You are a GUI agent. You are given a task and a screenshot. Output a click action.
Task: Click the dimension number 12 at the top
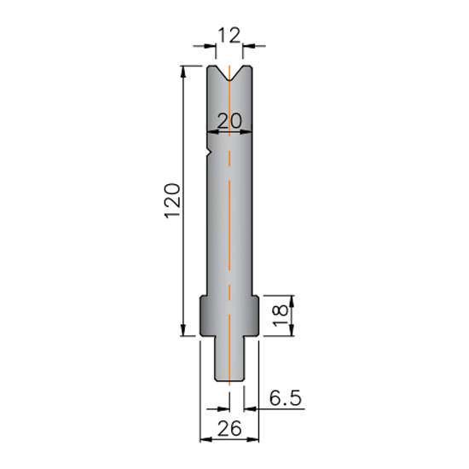(229, 35)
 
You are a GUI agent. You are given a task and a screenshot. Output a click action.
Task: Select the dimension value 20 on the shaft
(229, 121)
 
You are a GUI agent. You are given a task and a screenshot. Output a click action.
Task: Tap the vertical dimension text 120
(172, 200)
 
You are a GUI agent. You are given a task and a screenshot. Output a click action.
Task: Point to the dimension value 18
(281, 316)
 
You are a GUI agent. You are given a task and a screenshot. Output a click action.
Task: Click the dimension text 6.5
(285, 398)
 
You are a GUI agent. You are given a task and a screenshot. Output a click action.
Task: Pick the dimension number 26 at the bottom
(229, 428)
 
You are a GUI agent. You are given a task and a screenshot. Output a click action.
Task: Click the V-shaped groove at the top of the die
(229, 73)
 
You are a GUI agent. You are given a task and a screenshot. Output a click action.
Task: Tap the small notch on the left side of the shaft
(210, 153)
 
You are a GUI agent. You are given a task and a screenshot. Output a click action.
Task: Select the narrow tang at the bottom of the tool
(229, 359)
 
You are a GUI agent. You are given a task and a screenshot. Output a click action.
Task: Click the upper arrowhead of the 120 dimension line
(183, 71)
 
